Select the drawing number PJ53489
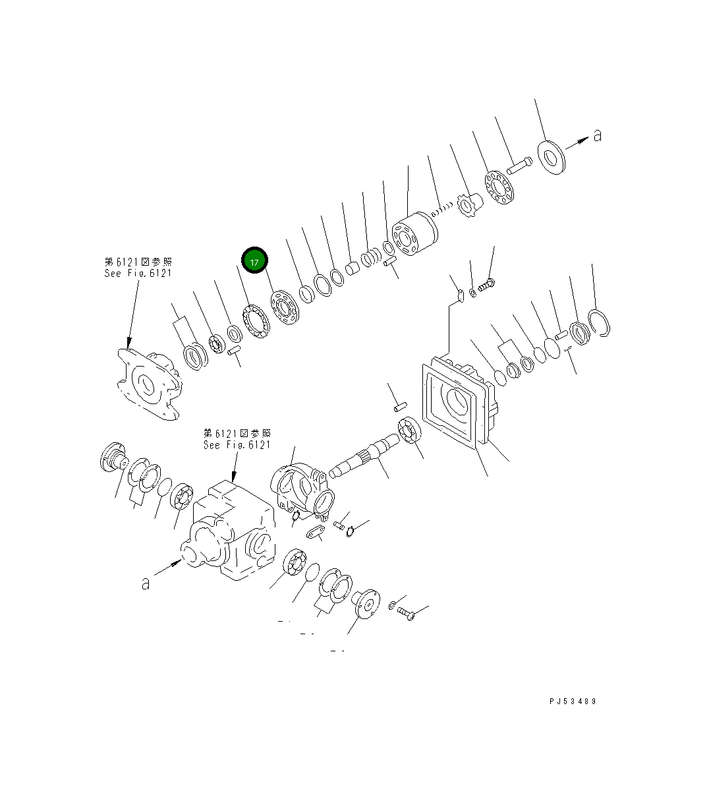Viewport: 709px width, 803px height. (x=572, y=701)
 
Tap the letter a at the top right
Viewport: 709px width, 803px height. (x=597, y=136)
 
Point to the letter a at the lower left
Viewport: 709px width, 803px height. (x=145, y=583)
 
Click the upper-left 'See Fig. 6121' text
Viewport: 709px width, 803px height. (x=138, y=273)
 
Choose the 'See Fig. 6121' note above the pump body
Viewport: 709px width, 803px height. (x=237, y=444)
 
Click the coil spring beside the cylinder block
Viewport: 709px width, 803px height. (x=442, y=210)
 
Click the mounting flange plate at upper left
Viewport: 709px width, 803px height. (x=148, y=383)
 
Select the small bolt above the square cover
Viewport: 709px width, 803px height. (x=488, y=285)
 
